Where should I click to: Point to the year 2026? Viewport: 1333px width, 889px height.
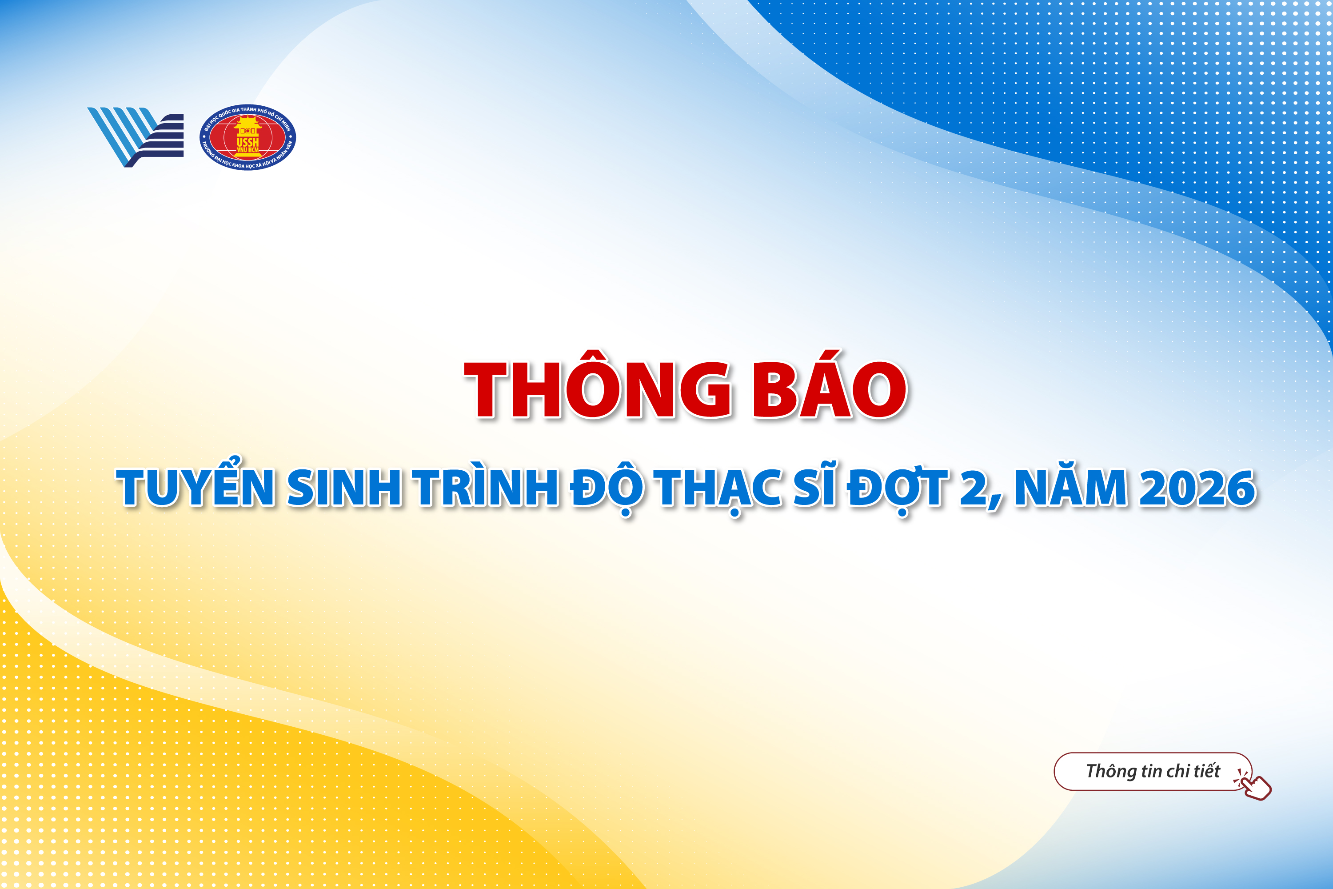(x=1197, y=487)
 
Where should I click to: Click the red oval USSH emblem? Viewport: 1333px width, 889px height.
(x=247, y=137)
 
